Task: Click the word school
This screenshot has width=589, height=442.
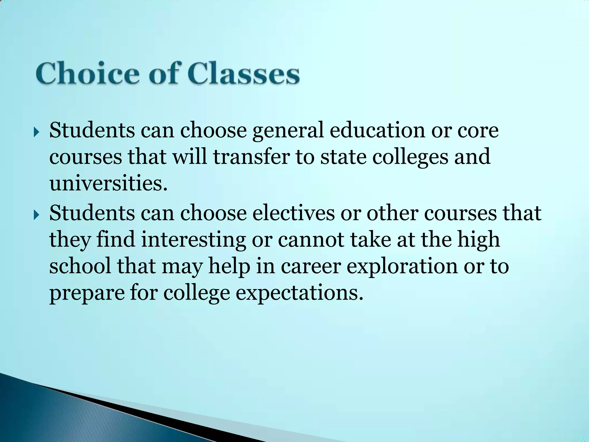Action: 80,266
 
